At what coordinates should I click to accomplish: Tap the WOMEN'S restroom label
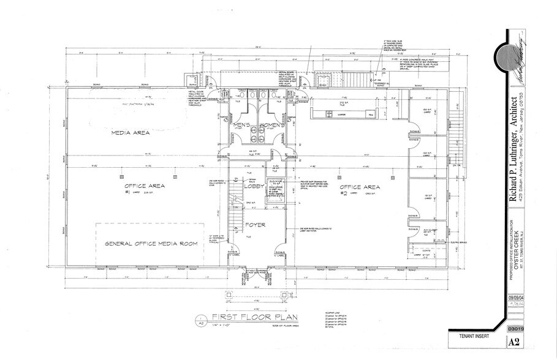click(x=271, y=126)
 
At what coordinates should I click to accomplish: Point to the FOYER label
click(x=255, y=225)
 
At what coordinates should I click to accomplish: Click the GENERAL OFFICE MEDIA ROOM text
click(x=151, y=244)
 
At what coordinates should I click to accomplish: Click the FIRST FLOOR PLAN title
click(x=246, y=317)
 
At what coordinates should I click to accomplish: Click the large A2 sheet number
click(x=517, y=342)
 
